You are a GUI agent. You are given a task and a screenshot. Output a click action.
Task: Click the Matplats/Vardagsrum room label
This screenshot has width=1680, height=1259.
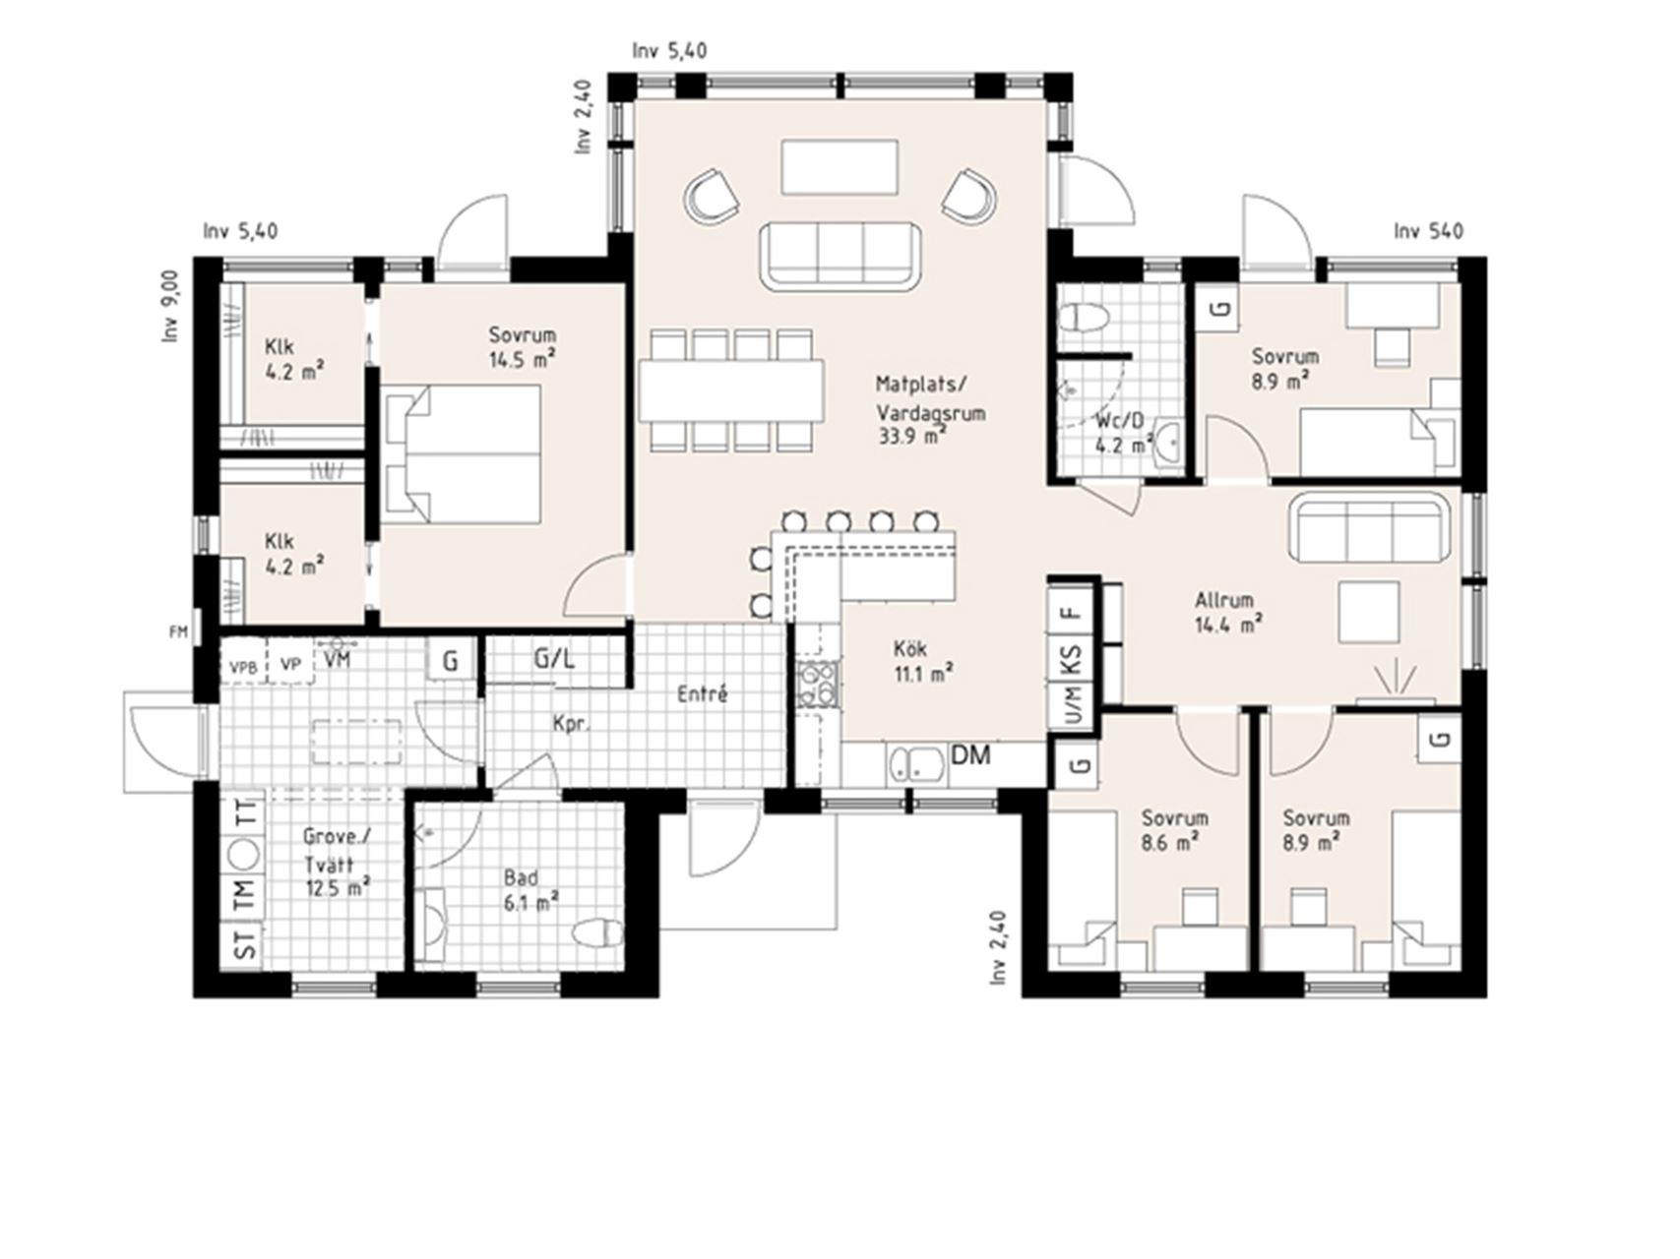(930, 410)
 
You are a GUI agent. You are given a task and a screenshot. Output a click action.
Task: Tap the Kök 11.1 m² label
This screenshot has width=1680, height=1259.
(922, 661)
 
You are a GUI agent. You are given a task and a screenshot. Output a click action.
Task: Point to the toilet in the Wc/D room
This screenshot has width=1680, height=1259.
(1084, 317)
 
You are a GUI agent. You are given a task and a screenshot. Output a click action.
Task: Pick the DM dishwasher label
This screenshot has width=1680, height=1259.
(970, 755)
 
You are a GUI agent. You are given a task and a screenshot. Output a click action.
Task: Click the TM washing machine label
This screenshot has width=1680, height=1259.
(244, 894)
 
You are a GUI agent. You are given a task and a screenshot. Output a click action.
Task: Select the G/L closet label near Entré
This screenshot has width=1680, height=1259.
(554, 658)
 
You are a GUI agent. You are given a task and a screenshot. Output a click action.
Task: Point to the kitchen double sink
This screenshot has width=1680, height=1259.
(917, 766)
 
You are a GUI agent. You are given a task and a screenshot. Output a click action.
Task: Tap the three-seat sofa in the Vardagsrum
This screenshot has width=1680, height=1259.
(840, 256)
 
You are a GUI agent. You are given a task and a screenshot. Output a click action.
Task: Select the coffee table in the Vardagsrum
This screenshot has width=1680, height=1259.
(840, 167)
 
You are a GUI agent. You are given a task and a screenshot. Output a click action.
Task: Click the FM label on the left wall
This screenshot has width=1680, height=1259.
(177, 632)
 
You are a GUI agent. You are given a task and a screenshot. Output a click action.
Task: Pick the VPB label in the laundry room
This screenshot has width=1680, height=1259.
(243, 667)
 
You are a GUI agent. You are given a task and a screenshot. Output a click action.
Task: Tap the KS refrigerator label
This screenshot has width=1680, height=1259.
(1072, 659)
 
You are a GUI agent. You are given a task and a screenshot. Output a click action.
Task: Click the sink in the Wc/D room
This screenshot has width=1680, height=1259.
(1168, 442)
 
